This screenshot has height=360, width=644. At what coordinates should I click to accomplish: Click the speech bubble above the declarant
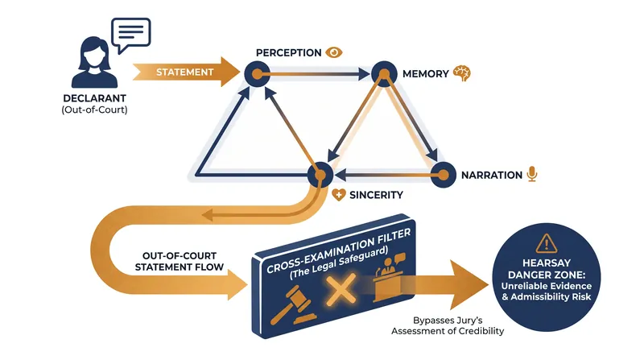point(131,33)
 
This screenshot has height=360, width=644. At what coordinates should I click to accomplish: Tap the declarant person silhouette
point(94,63)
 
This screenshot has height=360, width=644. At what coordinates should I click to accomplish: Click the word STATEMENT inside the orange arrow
point(185,72)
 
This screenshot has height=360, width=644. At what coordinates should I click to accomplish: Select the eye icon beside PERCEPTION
point(334,52)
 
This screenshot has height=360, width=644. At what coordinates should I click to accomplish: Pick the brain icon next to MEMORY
point(461,73)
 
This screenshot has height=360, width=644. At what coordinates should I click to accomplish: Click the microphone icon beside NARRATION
point(532,174)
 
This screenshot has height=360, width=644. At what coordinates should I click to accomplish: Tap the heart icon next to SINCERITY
point(338,195)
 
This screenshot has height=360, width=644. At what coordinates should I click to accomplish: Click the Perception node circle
point(257,74)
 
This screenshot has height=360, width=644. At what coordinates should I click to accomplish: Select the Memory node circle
point(384,74)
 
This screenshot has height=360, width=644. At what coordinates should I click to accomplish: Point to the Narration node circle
point(444,175)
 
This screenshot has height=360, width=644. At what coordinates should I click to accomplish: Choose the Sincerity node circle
point(320,175)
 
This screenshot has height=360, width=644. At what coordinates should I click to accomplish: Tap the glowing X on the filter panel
point(341,290)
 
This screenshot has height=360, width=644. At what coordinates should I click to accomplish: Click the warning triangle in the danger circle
point(547,243)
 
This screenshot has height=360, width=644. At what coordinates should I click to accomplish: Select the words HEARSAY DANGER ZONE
point(547,269)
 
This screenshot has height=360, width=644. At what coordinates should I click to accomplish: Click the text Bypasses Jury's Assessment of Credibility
point(448,325)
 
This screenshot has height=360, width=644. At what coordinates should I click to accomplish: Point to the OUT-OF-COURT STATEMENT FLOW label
point(180,262)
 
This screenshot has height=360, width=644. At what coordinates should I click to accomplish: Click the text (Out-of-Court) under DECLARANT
point(94,110)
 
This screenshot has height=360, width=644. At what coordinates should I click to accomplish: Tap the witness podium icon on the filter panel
point(389,277)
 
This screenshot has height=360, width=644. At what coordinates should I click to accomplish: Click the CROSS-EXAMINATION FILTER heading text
point(338,250)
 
